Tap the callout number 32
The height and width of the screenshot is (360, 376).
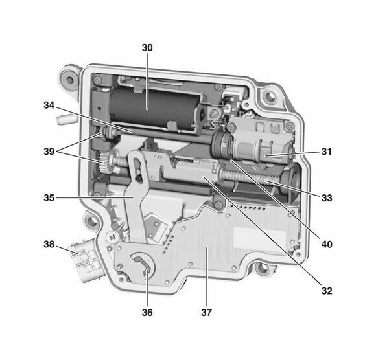(x=327, y=291)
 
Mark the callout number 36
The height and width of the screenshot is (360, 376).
(x=147, y=312)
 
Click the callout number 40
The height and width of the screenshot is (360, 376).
(x=327, y=245)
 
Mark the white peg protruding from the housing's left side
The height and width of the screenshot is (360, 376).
(x=63, y=120)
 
